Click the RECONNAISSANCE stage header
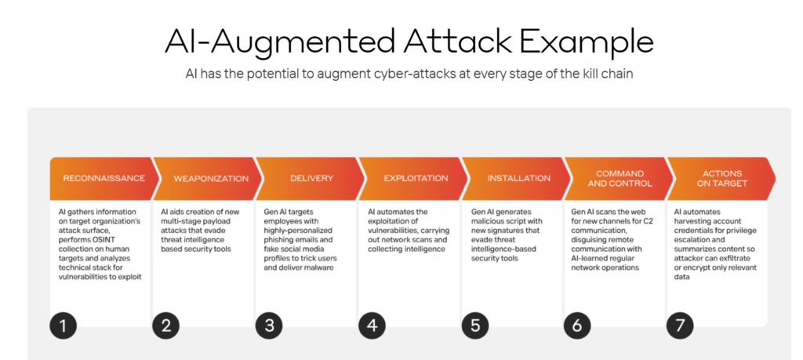point(104,178)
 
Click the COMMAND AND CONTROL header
point(620,178)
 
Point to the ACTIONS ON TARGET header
point(721,178)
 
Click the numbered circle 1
point(63,325)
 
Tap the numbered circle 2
point(166,325)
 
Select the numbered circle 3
point(270,325)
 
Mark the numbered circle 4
point(372,325)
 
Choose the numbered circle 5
point(475,325)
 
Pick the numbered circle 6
point(578,325)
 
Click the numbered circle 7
point(681,325)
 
